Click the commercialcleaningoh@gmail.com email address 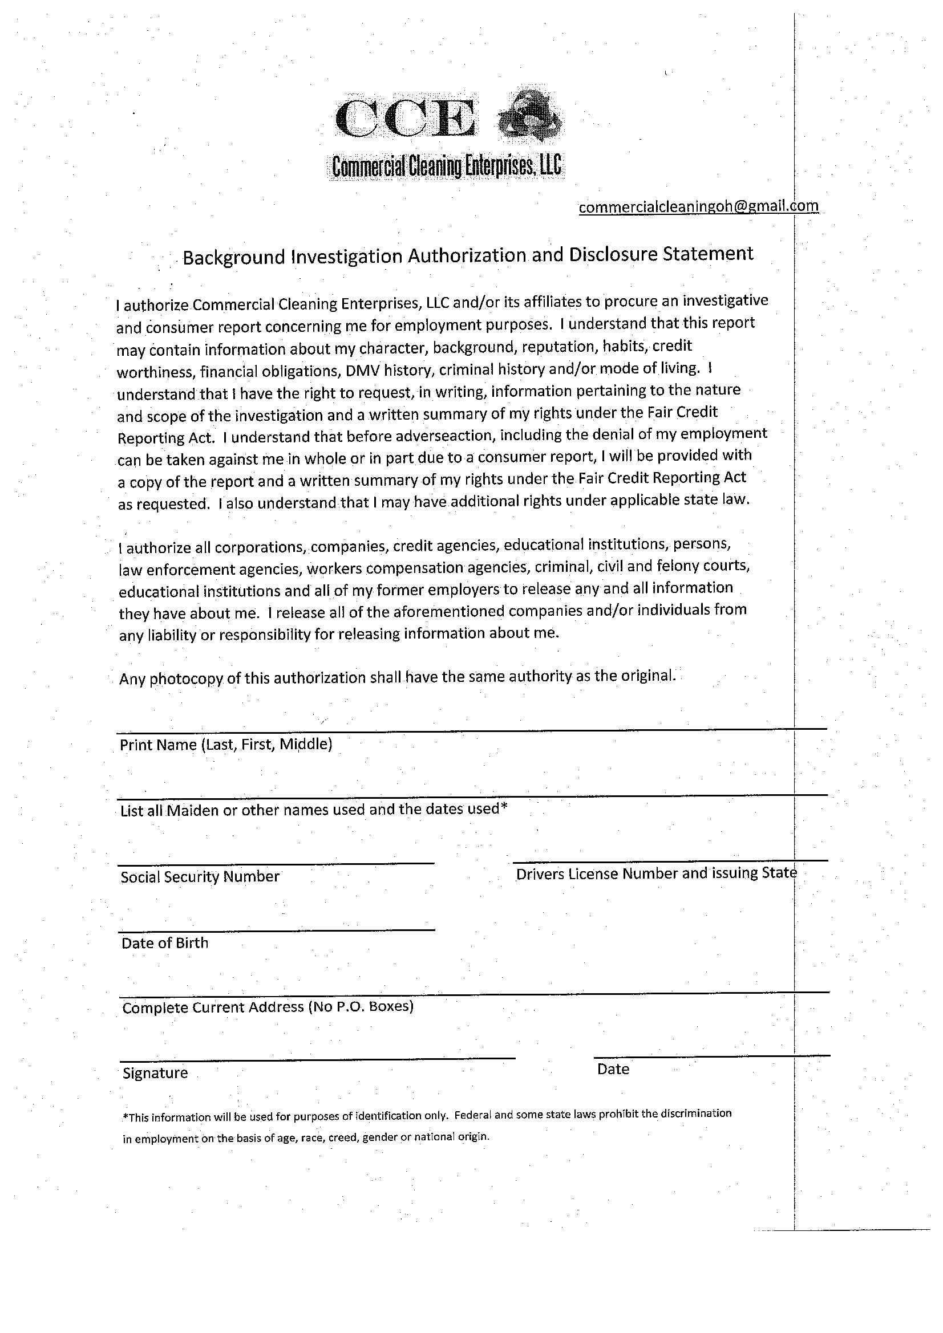coord(698,206)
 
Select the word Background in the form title coord(233,257)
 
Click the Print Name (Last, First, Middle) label coord(225,745)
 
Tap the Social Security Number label coord(200,877)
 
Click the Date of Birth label coord(164,943)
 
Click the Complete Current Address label coord(268,1007)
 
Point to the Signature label coord(155,1073)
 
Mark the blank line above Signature coord(318,1059)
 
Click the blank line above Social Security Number coord(277,864)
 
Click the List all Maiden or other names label coord(314,810)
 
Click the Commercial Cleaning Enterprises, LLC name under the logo coord(446,167)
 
